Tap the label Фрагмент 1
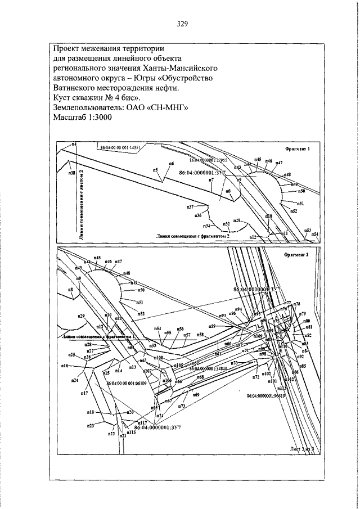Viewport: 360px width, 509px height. (298, 150)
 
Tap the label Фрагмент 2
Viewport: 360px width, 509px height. (298, 254)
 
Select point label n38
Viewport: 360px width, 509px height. (71, 173)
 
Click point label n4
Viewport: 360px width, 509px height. (74, 145)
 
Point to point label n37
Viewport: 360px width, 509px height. (190, 207)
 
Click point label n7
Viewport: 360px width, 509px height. (211, 179)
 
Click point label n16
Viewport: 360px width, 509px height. (65, 366)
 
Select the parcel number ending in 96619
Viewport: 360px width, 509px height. (267, 396)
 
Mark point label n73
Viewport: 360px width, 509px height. (182, 406)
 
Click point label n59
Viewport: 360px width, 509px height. (212, 326)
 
